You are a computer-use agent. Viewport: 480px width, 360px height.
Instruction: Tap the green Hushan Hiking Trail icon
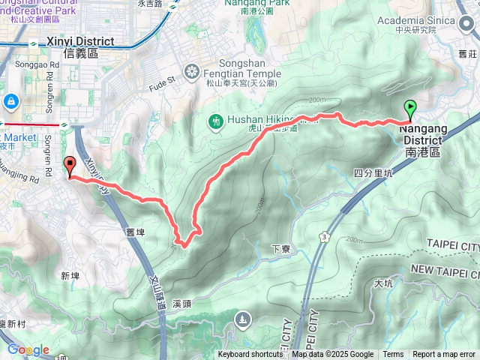click(x=215, y=120)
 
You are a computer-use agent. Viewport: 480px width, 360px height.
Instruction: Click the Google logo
click(x=28, y=349)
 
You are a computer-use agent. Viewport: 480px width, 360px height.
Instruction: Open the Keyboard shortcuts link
click(x=251, y=355)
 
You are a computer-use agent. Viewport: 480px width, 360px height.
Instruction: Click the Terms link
click(x=393, y=355)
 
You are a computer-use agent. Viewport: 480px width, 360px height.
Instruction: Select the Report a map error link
click(x=444, y=355)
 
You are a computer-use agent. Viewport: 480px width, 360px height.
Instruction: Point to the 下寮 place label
click(x=280, y=249)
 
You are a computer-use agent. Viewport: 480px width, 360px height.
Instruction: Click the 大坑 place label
click(x=382, y=283)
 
